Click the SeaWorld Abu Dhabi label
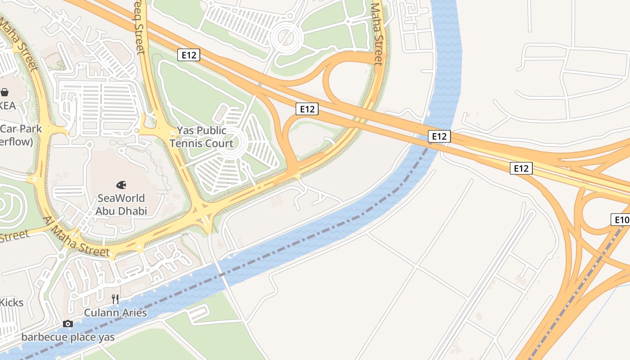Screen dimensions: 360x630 click(121, 204)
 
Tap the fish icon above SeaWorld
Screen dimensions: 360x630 click(121, 184)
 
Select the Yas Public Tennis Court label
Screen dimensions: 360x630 click(201, 137)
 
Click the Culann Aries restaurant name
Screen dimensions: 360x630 click(116, 312)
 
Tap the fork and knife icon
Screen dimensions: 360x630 click(115, 299)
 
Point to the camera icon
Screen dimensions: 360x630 click(68, 324)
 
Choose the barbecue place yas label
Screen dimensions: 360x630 click(68, 337)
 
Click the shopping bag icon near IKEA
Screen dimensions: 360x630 click(5, 92)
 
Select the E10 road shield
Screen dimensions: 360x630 click(621, 220)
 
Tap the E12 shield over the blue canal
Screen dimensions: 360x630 click(439, 136)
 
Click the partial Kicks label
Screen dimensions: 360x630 click(11, 302)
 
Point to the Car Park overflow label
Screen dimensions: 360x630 click(20, 135)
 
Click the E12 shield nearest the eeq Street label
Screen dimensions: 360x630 click(189, 55)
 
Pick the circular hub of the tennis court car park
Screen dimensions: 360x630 click(233, 142)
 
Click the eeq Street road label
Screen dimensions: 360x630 click(139, 27)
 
